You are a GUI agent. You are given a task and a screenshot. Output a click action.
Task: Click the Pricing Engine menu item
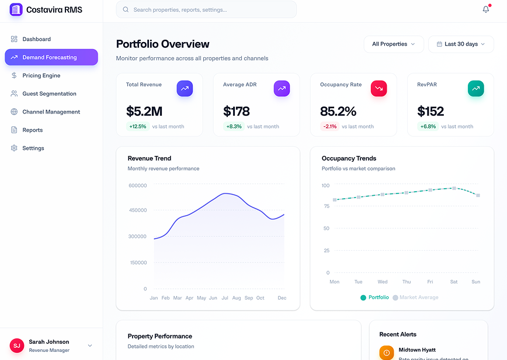(x=41, y=75)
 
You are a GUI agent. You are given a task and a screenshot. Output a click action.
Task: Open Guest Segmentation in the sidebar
(x=49, y=94)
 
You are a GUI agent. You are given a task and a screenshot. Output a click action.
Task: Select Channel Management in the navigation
(x=51, y=112)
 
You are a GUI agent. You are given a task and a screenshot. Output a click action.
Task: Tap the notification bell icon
(x=485, y=9)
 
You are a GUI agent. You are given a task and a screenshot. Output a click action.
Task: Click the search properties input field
(x=206, y=10)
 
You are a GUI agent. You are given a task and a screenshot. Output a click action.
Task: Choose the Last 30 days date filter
(x=461, y=44)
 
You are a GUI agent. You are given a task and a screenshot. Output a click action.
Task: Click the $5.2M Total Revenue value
(x=144, y=111)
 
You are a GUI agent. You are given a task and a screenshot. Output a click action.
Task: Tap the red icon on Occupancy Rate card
(x=378, y=88)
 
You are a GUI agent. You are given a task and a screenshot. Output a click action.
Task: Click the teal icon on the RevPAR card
(x=475, y=88)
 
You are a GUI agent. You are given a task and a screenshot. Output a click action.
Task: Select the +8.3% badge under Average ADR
(x=234, y=126)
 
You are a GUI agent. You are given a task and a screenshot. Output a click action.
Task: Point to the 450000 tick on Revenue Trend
(x=138, y=210)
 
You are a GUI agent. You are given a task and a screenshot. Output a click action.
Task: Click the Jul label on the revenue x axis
(x=224, y=298)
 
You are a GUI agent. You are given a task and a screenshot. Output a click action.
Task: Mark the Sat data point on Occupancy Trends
(x=454, y=188)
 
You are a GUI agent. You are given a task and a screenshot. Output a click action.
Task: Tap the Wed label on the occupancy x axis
(x=383, y=282)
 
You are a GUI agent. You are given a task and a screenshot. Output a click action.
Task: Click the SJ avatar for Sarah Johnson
(x=17, y=345)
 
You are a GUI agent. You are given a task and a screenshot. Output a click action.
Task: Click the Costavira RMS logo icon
(x=16, y=9)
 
